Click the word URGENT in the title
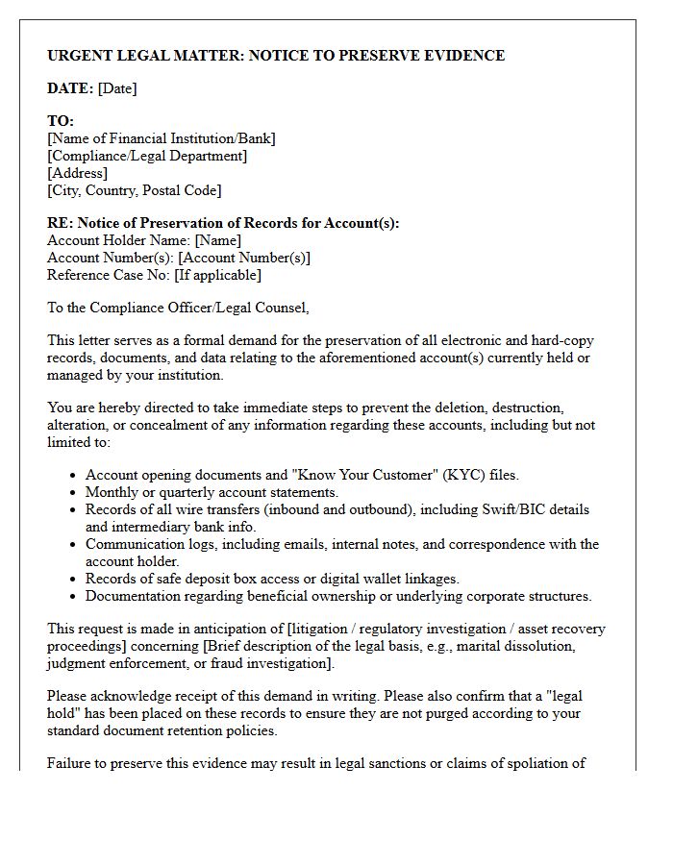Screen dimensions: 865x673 point(80,56)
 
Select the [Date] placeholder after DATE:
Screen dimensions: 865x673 point(117,88)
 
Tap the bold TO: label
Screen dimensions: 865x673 point(61,121)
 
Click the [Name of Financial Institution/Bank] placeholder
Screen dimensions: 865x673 point(162,138)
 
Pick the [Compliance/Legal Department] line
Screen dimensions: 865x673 point(147,156)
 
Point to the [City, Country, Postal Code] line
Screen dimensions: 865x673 point(135,190)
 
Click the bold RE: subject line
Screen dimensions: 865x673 point(223,223)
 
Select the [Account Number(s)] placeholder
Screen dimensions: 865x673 point(244,258)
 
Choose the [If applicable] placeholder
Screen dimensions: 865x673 point(217,275)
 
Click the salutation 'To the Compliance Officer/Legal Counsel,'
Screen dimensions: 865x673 point(178,308)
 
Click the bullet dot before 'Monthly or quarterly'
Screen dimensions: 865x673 point(74,493)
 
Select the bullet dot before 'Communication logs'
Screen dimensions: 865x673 point(74,545)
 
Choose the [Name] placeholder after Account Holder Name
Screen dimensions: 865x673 point(217,240)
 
